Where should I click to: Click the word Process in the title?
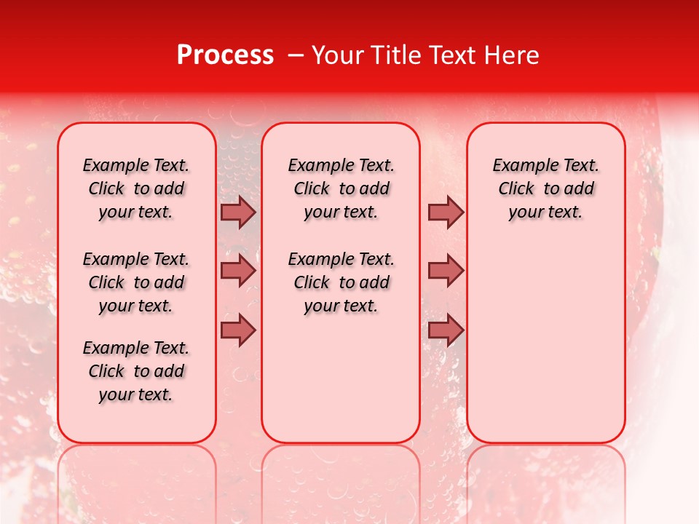225,55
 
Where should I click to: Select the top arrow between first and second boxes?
238,212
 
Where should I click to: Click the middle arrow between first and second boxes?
238,271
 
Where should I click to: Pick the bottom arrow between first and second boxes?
238,330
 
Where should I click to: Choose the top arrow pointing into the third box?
446,212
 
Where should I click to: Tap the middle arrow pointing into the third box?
446,271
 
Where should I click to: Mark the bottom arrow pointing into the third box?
446,330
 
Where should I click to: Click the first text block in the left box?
136,188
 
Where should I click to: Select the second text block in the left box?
136,282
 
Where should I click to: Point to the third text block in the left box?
136,371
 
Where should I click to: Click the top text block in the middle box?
341,188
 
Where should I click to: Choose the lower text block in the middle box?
341,282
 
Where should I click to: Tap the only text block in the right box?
546,188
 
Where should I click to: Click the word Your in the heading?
335,55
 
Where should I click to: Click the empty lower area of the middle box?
341,378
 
